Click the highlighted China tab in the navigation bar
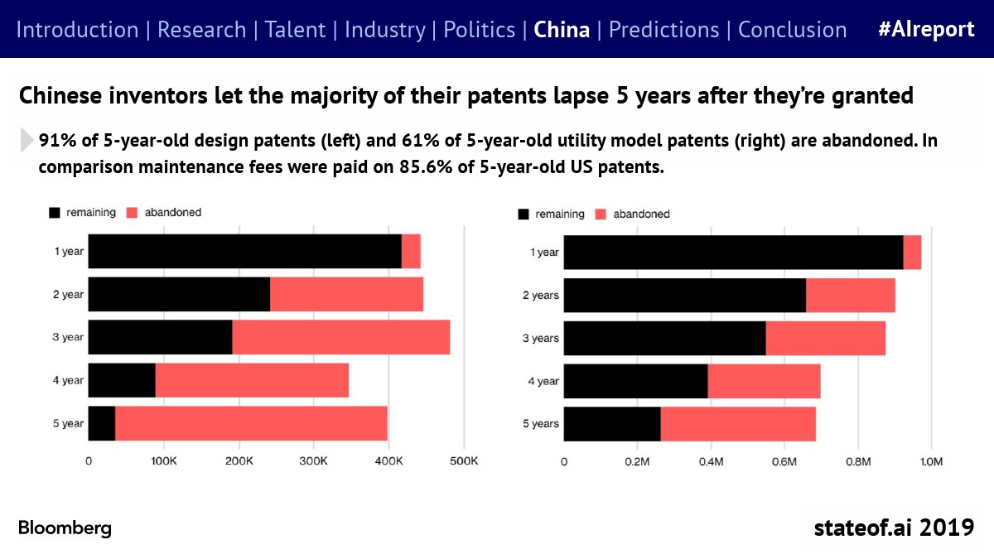point(562,30)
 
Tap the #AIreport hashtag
point(926,30)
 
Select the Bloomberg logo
point(65,528)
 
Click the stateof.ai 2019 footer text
point(894,528)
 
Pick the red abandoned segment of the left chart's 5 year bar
point(251,423)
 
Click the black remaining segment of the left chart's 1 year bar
point(244,251)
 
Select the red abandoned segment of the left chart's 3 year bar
point(341,337)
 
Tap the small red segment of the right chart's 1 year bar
point(912,253)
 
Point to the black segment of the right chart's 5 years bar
point(612,424)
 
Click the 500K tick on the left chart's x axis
point(464,460)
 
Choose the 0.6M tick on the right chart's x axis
point(784,460)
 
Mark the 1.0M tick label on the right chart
point(932,460)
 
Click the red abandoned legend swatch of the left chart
point(131,213)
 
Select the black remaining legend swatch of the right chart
point(523,214)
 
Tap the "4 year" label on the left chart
point(68,380)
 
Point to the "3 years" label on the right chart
point(540,338)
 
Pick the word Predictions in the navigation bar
point(663,30)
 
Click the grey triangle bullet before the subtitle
point(25,141)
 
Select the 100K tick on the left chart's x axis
point(163,460)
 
